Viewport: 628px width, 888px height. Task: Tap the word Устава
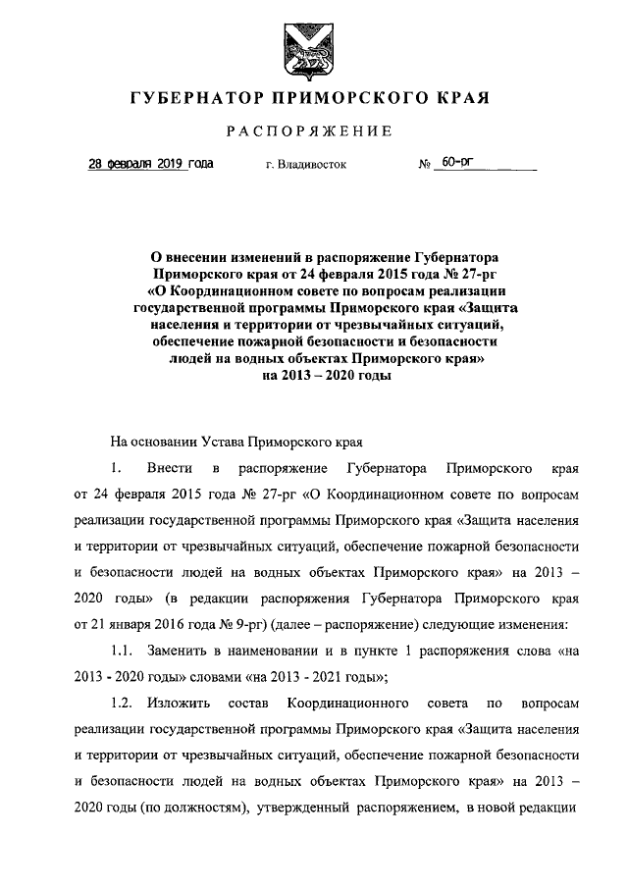tap(225, 443)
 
